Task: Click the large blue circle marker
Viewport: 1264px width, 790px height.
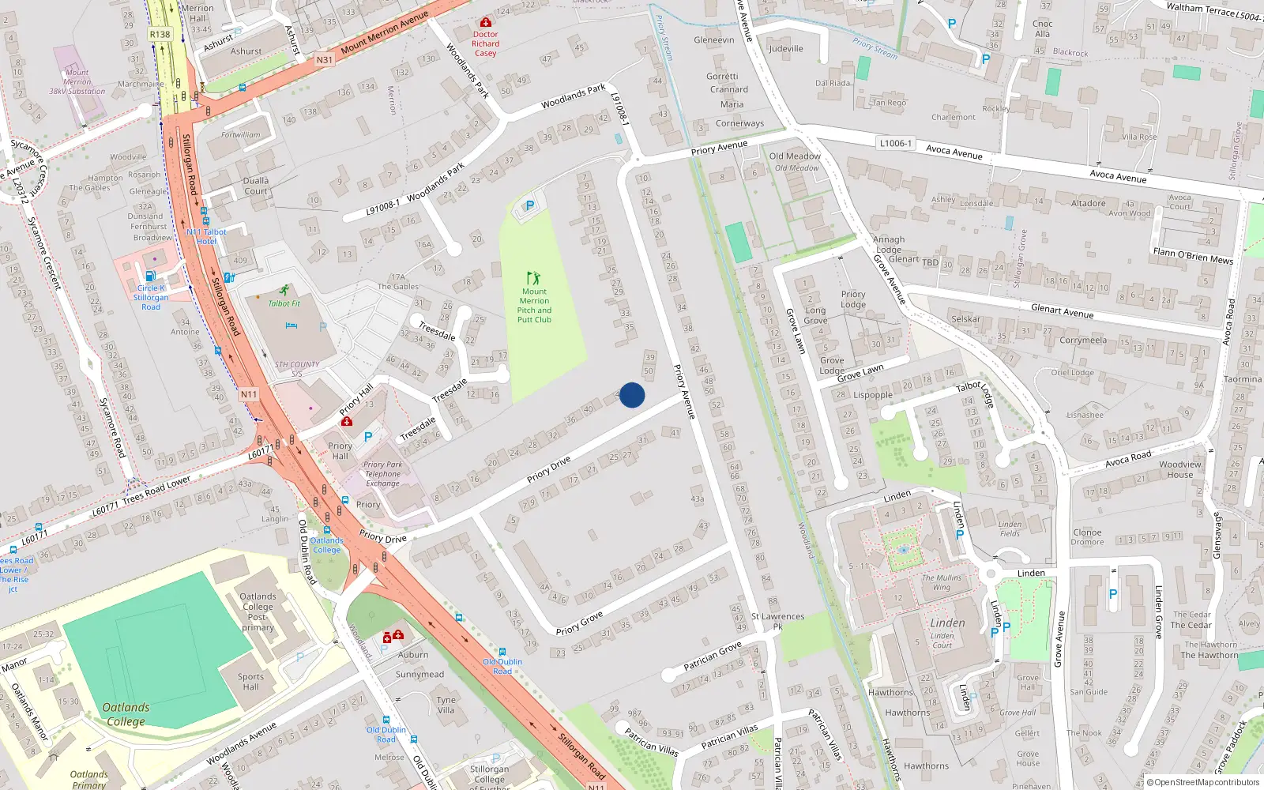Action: coord(632,395)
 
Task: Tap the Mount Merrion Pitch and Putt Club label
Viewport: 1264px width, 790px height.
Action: coord(534,305)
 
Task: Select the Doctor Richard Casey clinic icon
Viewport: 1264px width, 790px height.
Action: coord(485,22)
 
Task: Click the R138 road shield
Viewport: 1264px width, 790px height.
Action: coord(160,34)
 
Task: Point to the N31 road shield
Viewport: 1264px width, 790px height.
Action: coord(324,60)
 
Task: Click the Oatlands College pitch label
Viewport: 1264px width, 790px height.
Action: coord(126,714)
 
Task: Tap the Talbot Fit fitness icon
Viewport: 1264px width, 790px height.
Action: coord(284,291)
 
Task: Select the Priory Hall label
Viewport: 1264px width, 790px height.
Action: coord(340,450)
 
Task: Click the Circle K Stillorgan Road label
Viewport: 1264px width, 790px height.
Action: coord(150,297)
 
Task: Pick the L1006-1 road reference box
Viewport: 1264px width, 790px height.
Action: coord(895,143)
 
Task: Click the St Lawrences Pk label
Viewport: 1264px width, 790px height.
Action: coord(777,621)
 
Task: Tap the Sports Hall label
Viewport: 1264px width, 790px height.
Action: coord(250,681)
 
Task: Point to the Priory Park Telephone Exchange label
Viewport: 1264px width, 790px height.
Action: coord(382,474)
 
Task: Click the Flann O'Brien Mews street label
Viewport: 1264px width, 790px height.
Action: coord(1192,255)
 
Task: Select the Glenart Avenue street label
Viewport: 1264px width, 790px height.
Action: coord(1062,311)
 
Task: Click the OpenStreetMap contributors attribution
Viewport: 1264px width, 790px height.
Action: coord(1202,782)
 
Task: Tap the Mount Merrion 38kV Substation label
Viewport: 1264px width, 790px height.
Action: coord(77,82)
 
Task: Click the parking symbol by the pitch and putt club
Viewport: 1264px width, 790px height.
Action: coord(529,206)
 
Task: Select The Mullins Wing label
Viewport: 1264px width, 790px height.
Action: coord(942,582)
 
